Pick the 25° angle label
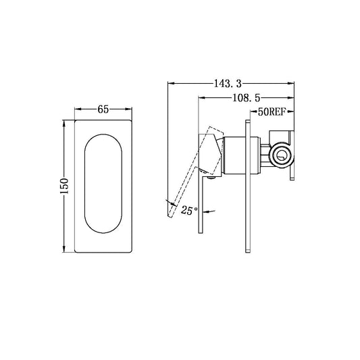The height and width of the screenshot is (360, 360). coord(189,211)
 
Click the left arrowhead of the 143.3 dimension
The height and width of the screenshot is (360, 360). coord(170,84)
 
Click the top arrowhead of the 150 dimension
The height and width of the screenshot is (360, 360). coord(65,124)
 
